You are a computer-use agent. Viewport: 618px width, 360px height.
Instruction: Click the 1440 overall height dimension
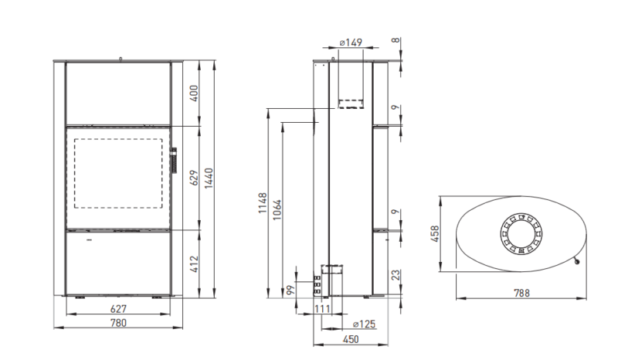click(209, 178)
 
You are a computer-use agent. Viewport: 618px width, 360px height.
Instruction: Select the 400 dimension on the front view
click(195, 93)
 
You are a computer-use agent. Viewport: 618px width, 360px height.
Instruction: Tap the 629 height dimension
click(195, 178)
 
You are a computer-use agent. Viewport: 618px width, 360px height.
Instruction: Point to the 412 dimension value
click(195, 263)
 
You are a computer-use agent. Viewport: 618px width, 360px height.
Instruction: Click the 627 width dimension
click(118, 309)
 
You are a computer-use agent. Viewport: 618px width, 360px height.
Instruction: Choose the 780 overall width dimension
click(118, 323)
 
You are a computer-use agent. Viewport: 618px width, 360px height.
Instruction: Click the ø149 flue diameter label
click(351, 42)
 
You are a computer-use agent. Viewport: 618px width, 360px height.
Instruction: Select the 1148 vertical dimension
click(263, 203)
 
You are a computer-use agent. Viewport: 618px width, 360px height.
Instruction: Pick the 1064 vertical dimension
click(277, 209)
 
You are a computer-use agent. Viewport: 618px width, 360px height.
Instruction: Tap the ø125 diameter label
click(364, 324)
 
